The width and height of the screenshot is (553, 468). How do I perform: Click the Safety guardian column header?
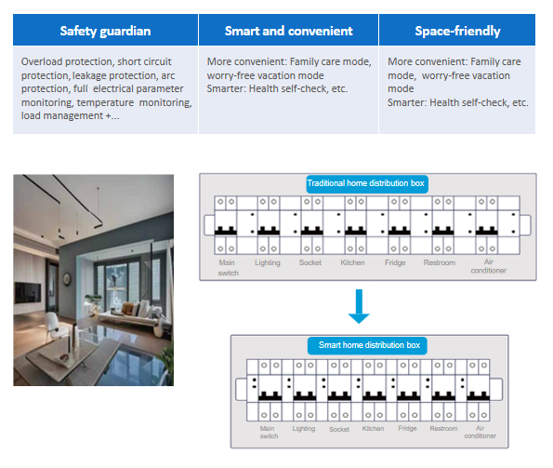coord(105,31)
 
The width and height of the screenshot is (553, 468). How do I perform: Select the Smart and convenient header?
coord(288,31)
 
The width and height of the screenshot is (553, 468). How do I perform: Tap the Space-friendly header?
coord(457,31)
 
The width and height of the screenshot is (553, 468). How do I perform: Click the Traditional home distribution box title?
coord(367,183)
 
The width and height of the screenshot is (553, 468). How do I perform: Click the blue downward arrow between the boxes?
coord(359,306)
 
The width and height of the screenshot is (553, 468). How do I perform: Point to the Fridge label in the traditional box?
coord(395,262)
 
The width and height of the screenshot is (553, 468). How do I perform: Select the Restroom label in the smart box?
coord(443,429)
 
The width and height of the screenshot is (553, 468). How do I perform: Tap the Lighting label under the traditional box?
coord(268,263)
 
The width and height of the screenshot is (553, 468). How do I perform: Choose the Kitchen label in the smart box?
coord(373,429)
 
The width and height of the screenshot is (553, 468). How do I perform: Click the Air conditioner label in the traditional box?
coord(489,266)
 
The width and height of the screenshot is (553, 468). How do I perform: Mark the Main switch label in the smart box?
coord(269,433)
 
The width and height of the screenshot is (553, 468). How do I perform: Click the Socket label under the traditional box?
coord(310,262)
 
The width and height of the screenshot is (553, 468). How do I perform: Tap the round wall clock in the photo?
coord(66,280)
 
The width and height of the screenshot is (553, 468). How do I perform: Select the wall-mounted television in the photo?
coord(28,293)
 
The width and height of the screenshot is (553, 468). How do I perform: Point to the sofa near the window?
coord(132,316)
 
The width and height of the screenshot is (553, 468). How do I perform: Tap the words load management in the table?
coord(62,115)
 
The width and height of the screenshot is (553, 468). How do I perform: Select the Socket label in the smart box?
coord(339,429)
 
